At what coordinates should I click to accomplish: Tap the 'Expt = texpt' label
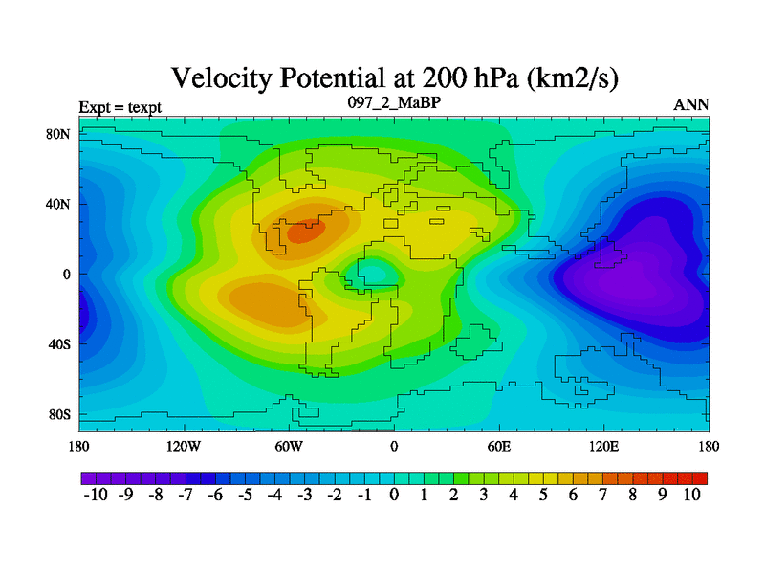point(120,106)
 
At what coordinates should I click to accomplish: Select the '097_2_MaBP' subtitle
point(393,101)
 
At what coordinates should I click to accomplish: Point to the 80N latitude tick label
point(59,135)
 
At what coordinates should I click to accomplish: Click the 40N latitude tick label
point(59,205)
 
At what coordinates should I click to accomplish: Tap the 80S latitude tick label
point(59,415)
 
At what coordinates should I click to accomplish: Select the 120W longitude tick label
point(184,447)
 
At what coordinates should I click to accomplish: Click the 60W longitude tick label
point(289,447)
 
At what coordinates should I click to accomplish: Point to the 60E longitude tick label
point(499,447)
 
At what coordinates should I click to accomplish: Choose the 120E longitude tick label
point(604,447)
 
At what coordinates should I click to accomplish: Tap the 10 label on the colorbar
point(692,496)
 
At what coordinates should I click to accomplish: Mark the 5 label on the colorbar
point(543,496)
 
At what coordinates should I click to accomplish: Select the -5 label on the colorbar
point(244,496)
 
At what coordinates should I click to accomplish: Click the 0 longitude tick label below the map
point(394,447)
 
